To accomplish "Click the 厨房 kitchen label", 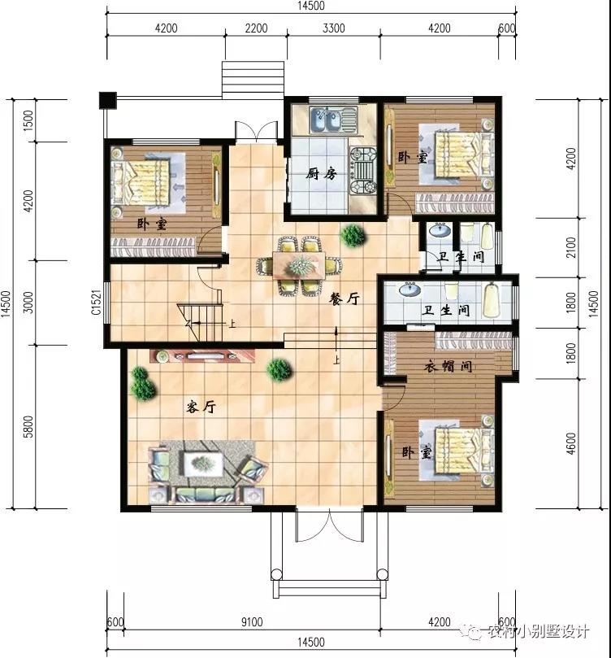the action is click(321, 173).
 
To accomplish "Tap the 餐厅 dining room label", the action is click(344, 298).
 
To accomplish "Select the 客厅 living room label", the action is click(201, 407).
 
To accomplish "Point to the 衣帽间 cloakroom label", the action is click(448, 366).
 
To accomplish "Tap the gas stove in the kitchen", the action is click(363, 170).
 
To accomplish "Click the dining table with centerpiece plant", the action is click(298, 265).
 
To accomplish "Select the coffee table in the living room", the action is click(203, 464).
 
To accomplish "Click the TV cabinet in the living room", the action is click(202, 356).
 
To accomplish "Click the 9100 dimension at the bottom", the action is click(252, 621).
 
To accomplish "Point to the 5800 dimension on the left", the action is click(28, 427).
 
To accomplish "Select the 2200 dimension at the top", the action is click(256, 28).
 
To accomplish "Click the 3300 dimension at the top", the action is click(334, 28).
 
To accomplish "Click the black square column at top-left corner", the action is click(108, 100).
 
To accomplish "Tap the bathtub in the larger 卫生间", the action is click(492, 300).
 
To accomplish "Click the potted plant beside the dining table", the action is click(353, 235).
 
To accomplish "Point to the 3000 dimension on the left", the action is click(28, 303).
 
